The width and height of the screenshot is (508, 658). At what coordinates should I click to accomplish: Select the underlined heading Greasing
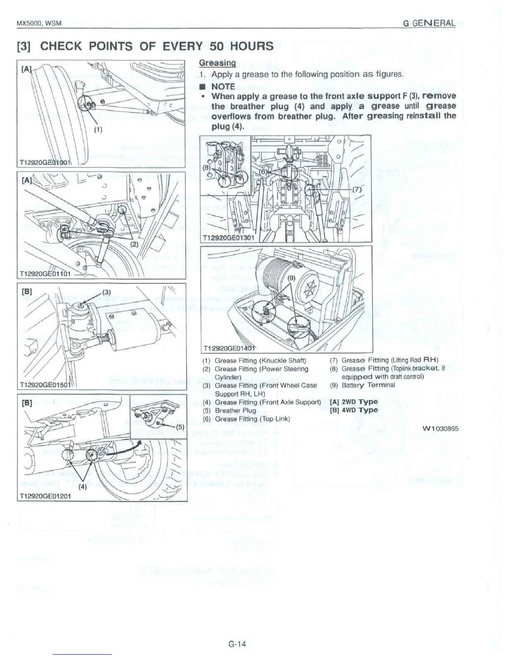pyautogui.click(x=217, y=63)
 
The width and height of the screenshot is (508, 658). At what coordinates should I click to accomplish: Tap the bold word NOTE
pyautogui.click(x=223, y=86)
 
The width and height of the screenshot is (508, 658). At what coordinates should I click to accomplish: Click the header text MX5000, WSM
pyautogui.click(x=39, y=23)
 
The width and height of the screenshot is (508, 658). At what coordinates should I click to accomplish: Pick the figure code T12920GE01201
pyautogui.click(x=45, y=496)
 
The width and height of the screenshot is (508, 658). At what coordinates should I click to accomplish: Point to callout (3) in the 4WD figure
pyautogui.click(x=106, y=291)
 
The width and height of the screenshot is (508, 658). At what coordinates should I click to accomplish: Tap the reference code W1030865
pyautogui.click(x=440, y=428)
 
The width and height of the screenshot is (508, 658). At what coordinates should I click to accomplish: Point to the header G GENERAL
pyautogui.click(x=429, y=23)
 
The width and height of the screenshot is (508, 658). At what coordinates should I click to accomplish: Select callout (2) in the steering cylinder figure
pyautogui.click(x=134, y=244)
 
